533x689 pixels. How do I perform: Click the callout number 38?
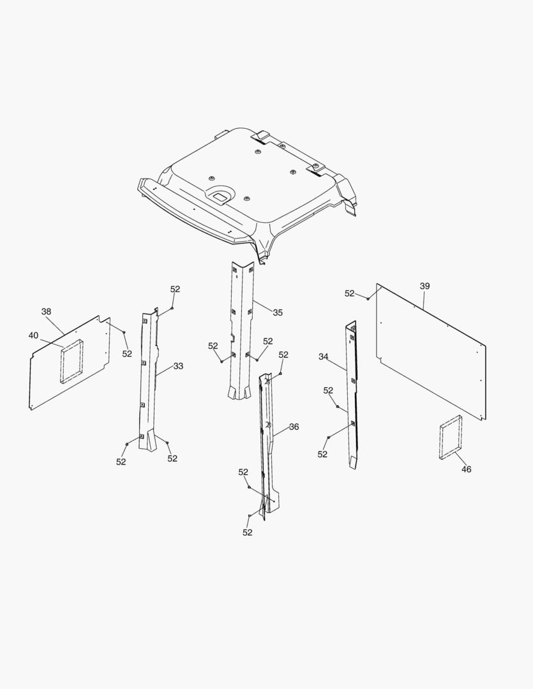(46, 311)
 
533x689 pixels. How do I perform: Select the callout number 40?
(33, 336)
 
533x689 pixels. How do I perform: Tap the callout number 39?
(424, 286)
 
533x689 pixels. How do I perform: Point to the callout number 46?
(466, 470)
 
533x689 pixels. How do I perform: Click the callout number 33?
(178, 366)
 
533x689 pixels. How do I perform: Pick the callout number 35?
(278, 313)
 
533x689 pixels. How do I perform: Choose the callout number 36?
(294, 427)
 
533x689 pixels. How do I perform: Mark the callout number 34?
(323, 357)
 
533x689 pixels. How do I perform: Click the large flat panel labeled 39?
(431, 352)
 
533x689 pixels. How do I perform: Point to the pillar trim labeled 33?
(147, 378)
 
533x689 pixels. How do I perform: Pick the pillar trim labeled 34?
(351, 396)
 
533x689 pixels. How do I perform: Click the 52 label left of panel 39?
(349, 293)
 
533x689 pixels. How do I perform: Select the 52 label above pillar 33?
(175, 289)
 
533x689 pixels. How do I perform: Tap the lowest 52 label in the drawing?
(248, 532)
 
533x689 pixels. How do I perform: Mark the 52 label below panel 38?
(127, 353)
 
